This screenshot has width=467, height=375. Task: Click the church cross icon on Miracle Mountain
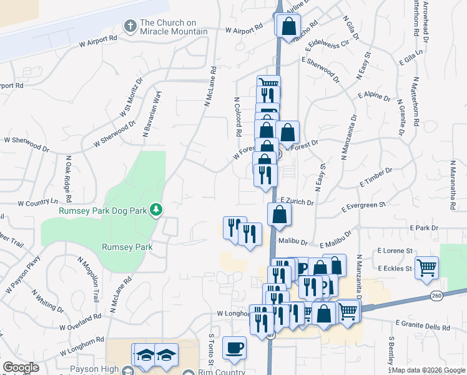click(x=130, y=26)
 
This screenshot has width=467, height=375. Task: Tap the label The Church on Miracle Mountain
click(x=174, y=27)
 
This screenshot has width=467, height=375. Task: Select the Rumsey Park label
click(x=127, y=247)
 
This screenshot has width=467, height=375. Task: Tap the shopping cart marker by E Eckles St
click(x=427, y=268)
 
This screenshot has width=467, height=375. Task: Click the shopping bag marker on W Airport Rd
click(x=288, y=27)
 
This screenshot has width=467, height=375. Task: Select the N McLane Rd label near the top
click(x=209, y=87)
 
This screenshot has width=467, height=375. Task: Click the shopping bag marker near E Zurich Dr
click(x=278, y=215)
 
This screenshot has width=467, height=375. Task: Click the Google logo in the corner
click(x=21, y=367)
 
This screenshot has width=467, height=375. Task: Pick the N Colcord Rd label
click(x=237, y=117)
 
